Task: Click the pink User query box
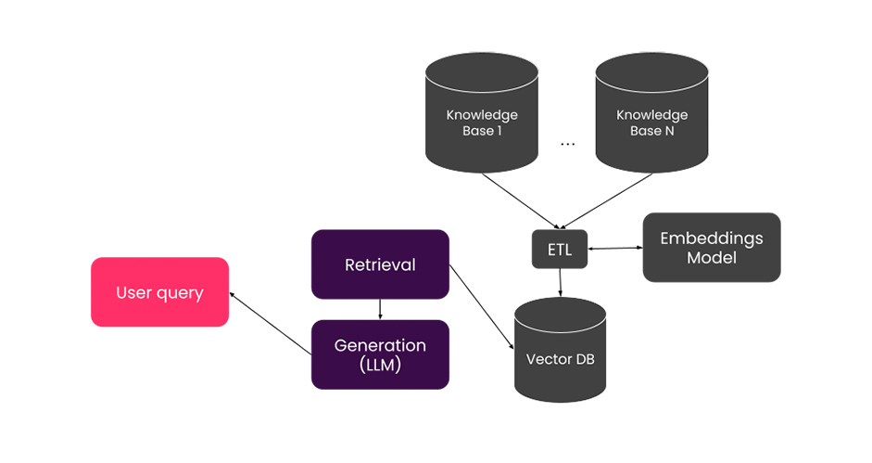pyautogui.click(x=159, y=292)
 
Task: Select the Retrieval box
pyautogui.click(x=380, y=264)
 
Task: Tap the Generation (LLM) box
pyautogui.click(x=380, y=354)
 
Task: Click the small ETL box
pyautogui.click(x=560, y=249)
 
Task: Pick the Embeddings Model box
pyautogui.click(x=712, y=248)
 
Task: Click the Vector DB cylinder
pyautogui.click(x=560, y=350)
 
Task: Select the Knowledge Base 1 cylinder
pyautogui.click(x=482, y=112)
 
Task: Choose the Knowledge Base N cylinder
pyautogui.click(x=651, y=112)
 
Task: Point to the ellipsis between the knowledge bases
pyautogui.click(x=567, y=145)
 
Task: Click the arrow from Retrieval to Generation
pyautogui.click(x=380, y=309)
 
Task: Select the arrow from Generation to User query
pyautogui.click(x=271, y=323)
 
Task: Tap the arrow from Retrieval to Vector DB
pyautogui.click(x=482, y=307)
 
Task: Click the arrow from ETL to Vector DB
pyautogui.click(x=560, y=282)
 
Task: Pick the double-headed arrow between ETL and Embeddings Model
pyautogui.click(x=615, y=248)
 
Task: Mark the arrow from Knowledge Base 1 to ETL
pyautogui.click(x=521, y=201)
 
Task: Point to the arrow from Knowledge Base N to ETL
pyautogui.click(x=606, y=201)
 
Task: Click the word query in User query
pyautogui.click(x=180, y=293)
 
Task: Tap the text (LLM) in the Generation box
pyautogui.click(x=380, y=365)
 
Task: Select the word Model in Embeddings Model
pyautogui.click(x=712, y=257)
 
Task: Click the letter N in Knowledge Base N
pyautogui.click(x=670, y=131)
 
